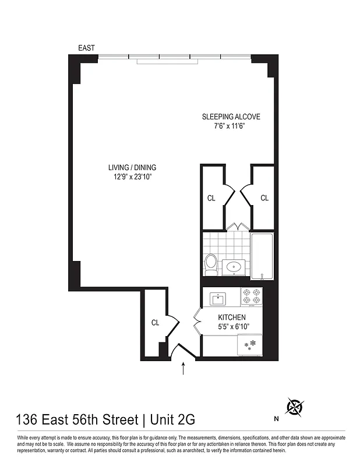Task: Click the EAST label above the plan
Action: tap(86, 48)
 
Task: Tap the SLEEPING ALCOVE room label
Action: tap(231, 116)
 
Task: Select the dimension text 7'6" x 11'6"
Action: tap(231, 126)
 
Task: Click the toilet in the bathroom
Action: tap(211, 264)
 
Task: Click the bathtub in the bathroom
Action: tap(262, 256)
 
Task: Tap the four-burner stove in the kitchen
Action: tap(252, 296)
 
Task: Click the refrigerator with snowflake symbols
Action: tap(250, 345)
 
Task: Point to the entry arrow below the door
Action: tap(184, 368)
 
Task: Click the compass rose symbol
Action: tap(295, 407)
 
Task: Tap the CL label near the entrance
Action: tap(156, 322)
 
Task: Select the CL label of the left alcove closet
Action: tap(211, 198)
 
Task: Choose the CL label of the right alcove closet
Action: tap(264, 198)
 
